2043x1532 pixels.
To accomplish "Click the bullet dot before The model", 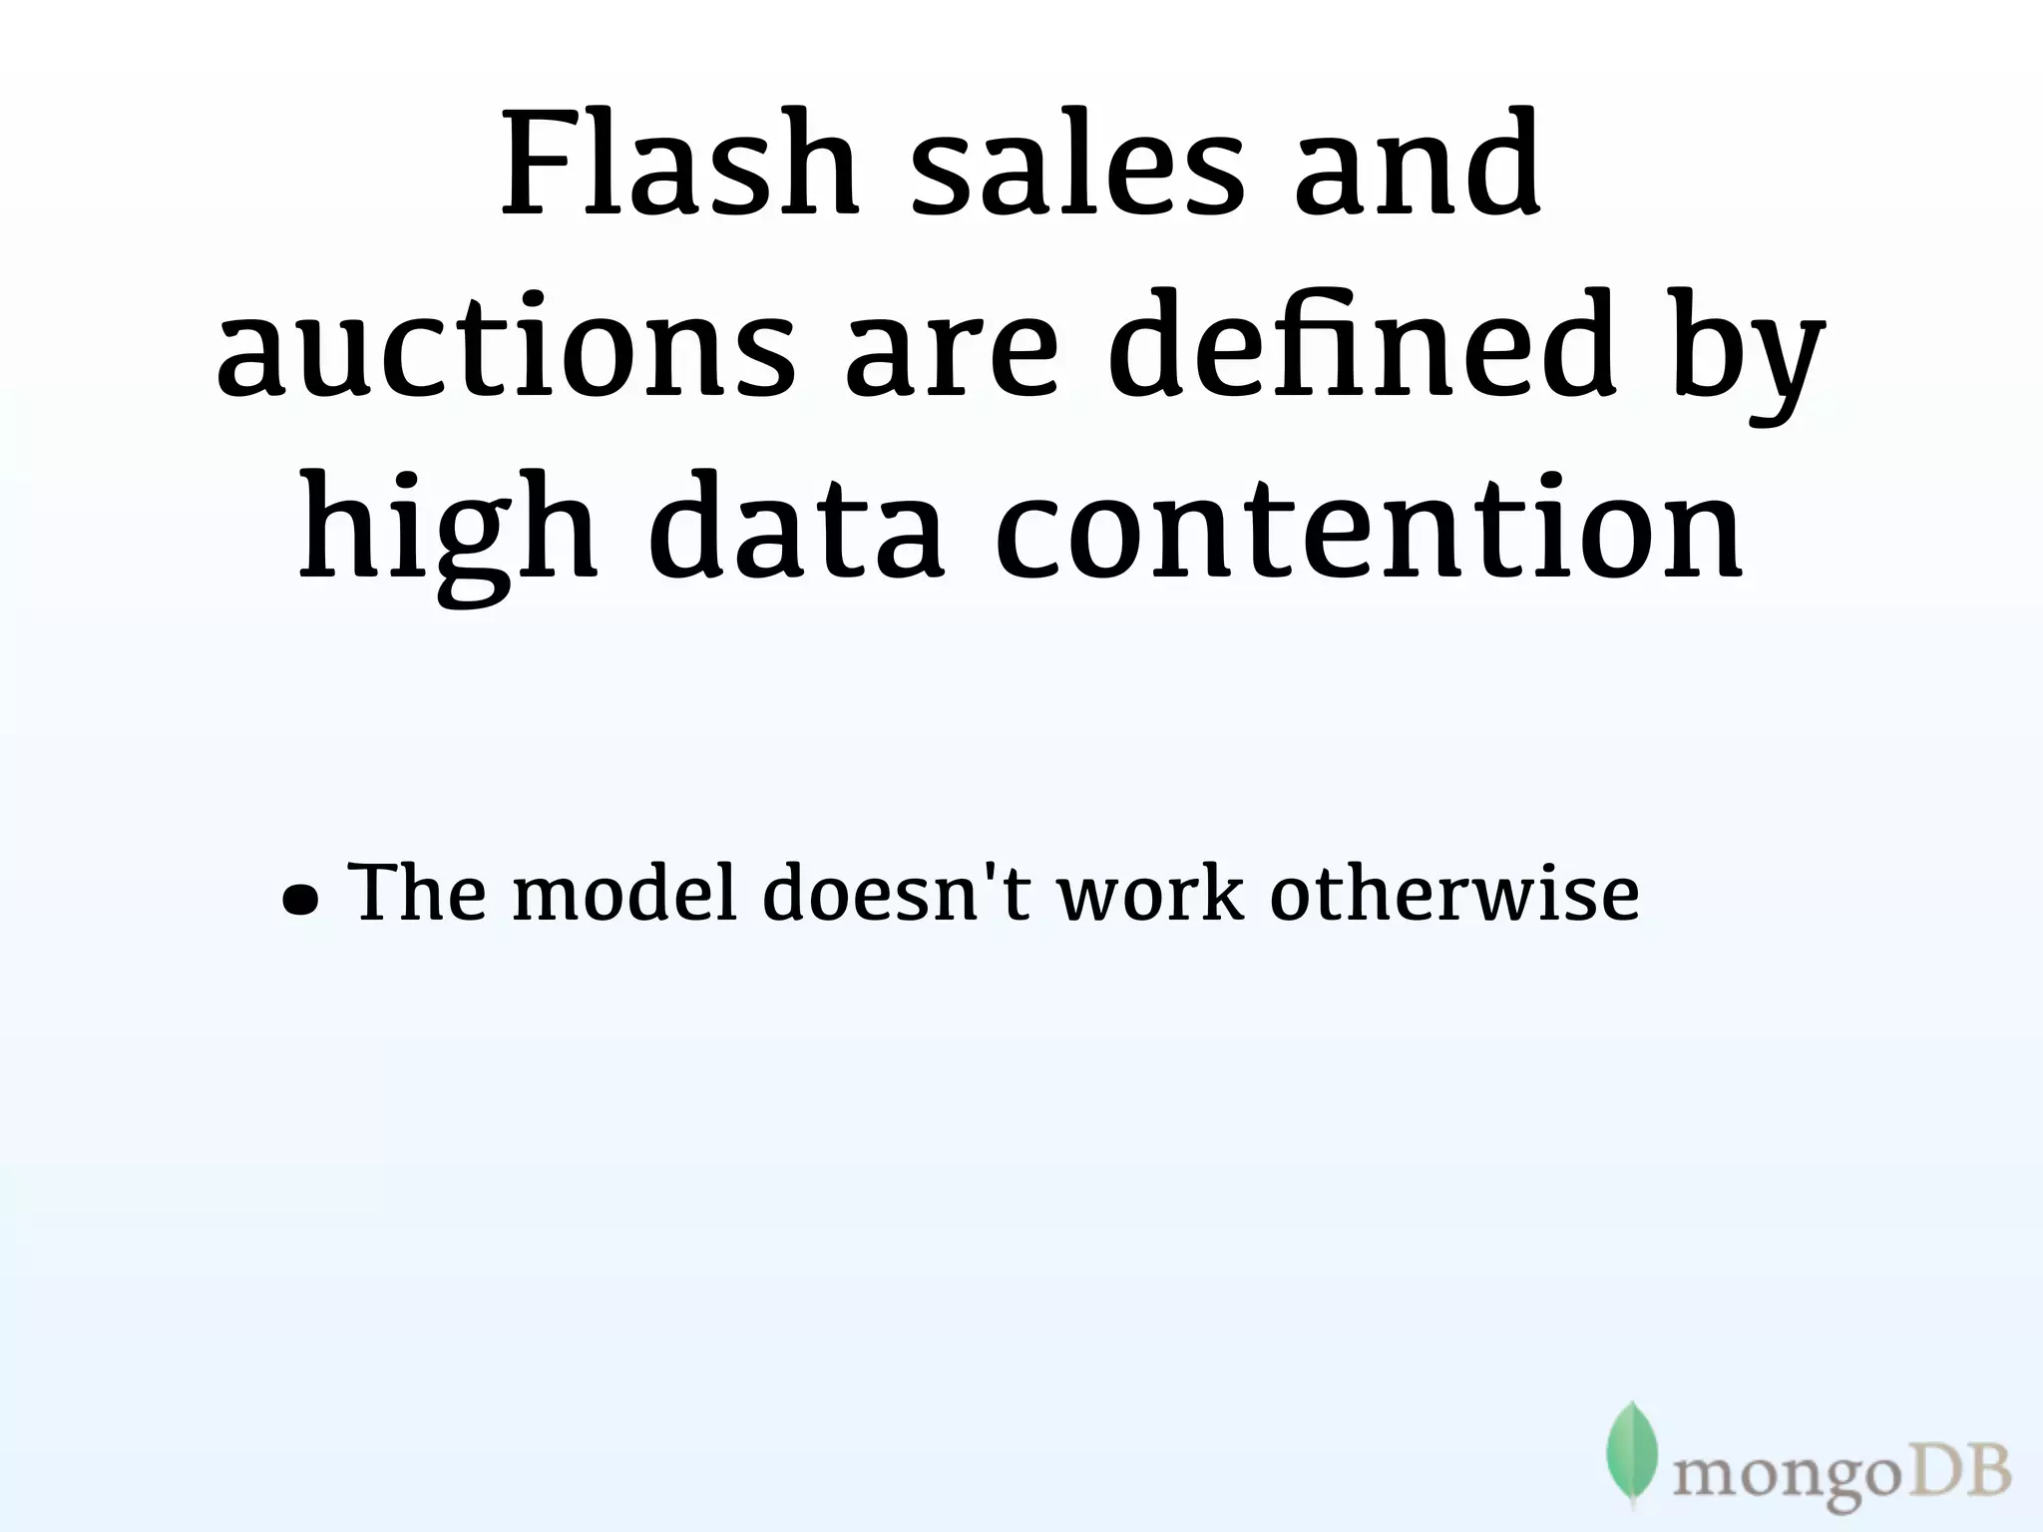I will click(300, 901).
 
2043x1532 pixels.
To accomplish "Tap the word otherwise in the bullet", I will click(1454, 892).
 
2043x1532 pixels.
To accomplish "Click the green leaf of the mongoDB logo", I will click(1631, 1451).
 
